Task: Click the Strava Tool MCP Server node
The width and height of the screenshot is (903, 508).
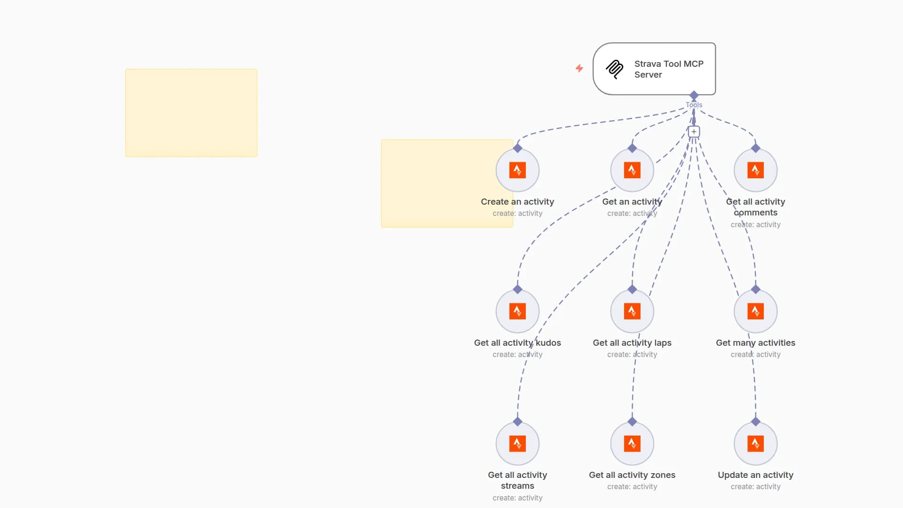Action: coord(654,69)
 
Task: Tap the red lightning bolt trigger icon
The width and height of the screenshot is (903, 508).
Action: coord(579,69)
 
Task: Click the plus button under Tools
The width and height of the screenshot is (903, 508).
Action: coord(694,132)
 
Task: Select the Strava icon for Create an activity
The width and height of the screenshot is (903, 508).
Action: coord(517,170)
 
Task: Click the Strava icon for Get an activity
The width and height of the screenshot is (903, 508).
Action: coord(632,170)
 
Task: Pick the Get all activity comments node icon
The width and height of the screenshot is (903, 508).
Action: coord(755,170)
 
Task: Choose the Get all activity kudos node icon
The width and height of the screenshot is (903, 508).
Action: coord(517,311)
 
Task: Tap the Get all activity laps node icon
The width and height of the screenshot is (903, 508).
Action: coord(632,311)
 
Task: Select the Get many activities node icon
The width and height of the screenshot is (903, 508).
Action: coord(755,311)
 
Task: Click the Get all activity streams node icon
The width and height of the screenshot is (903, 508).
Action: coord(517,443)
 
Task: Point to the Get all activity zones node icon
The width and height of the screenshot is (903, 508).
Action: coord(632,443)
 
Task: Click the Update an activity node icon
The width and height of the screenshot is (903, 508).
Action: coord(755,443)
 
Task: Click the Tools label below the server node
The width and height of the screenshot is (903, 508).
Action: coord(694,105)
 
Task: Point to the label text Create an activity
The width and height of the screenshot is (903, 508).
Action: coord(517,202)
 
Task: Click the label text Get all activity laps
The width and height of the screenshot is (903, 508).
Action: coord(632,343)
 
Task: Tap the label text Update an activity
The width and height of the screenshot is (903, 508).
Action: coord(755,475)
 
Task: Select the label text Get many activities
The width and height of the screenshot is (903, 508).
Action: coord(755,343)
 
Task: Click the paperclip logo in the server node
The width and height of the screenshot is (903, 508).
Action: coord(615,69)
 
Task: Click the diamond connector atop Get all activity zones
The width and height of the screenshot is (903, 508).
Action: coord(632,421)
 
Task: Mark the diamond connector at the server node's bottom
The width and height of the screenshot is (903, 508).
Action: coord(694,95)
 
